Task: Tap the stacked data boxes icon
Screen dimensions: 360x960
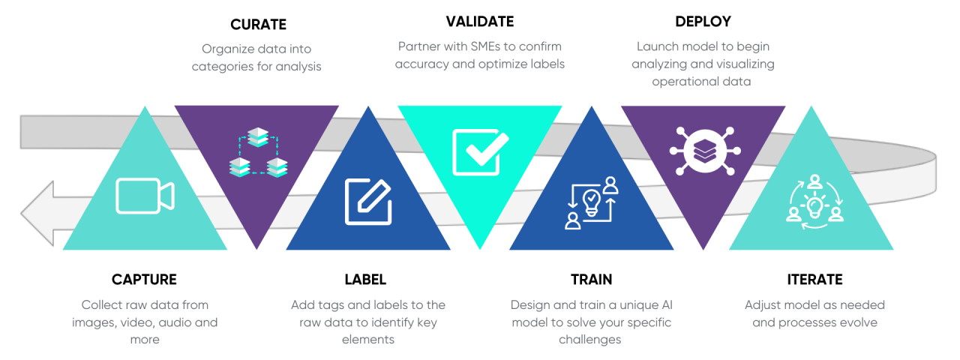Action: [x=257, y=153]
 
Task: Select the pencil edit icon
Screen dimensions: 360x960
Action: [x=368, y=202]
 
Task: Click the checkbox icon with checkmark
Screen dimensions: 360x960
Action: [x=480, y=152]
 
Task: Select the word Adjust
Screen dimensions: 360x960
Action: [x=764, y=305]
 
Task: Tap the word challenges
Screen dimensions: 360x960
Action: [x=590, y=340]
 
